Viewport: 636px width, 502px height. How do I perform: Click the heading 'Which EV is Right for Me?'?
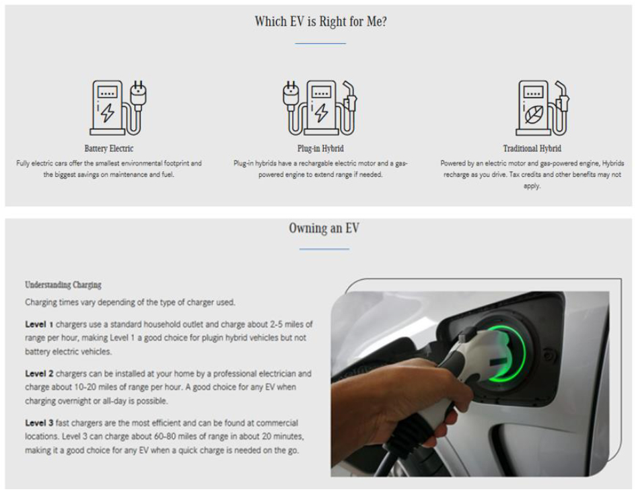click(320, 22)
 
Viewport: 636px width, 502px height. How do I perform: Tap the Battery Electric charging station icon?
click(118, 108)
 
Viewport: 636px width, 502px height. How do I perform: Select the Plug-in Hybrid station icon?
click(320, 108)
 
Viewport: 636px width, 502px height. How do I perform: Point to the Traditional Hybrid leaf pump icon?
click(542, 108)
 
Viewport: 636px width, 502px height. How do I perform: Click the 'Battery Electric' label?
click(109, 149)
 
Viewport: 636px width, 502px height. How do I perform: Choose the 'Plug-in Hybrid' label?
click(320, 149)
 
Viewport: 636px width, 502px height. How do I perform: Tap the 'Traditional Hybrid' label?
click(532, 149)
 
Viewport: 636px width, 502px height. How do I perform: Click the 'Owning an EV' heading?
click(324, 228)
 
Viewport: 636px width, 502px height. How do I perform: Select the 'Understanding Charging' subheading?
click(63, 285)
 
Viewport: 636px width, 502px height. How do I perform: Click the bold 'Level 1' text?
click(39, 324)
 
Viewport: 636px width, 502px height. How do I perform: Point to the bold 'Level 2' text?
click(39, 373)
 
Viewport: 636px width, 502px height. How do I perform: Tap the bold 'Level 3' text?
click(39, 423)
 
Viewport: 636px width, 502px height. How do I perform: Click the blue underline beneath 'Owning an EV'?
click(324, 249)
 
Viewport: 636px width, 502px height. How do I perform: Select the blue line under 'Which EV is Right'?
click(320, 43)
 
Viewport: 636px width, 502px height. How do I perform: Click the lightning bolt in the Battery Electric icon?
click(107, 112)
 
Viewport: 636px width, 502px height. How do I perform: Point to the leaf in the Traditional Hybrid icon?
click(534, 114)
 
